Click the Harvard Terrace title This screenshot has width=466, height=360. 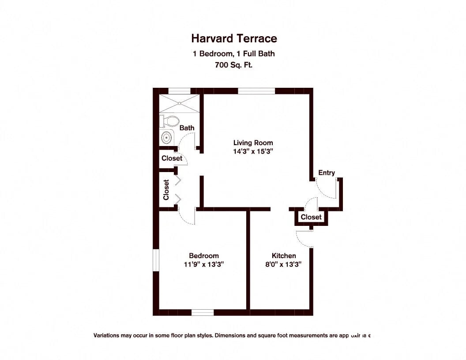click(234, 39)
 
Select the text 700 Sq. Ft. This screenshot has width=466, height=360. click(234, 65)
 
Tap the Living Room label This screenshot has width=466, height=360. click(253, 142)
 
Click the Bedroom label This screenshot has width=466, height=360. click(203, 255)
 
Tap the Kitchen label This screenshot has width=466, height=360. click(283, 255)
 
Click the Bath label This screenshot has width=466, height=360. click(187, 128)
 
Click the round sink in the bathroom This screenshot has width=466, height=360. click(166, 138)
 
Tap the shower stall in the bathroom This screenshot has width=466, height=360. click(179, 103)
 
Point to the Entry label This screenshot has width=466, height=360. click(326, 172)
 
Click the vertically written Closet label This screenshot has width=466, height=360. click(166, 190)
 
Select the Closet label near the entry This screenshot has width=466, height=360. click(311, 217)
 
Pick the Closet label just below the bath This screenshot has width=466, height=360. click(172, 158)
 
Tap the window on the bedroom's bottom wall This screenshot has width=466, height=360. click(203, 312)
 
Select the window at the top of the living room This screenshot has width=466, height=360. click(256, 91)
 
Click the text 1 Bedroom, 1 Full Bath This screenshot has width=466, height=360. click(234, 54)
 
